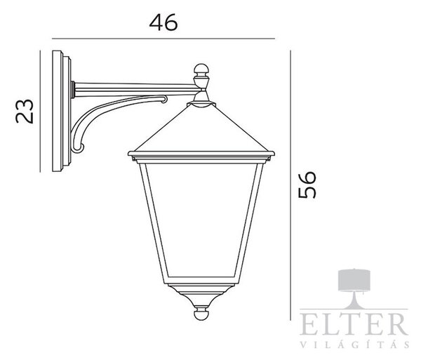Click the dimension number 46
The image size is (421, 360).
(x=163, y=22)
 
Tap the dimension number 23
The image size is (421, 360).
(x=25, y=111)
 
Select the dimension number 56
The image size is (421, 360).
(x=307, y=185)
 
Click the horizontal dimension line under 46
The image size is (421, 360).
(x=163, y=39)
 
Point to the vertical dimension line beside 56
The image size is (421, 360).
(x=290, y=185)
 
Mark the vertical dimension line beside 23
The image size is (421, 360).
(x=40, y=111)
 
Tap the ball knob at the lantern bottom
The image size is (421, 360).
(x=201, y=314)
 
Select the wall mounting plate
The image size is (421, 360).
(x=62, y=111)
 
